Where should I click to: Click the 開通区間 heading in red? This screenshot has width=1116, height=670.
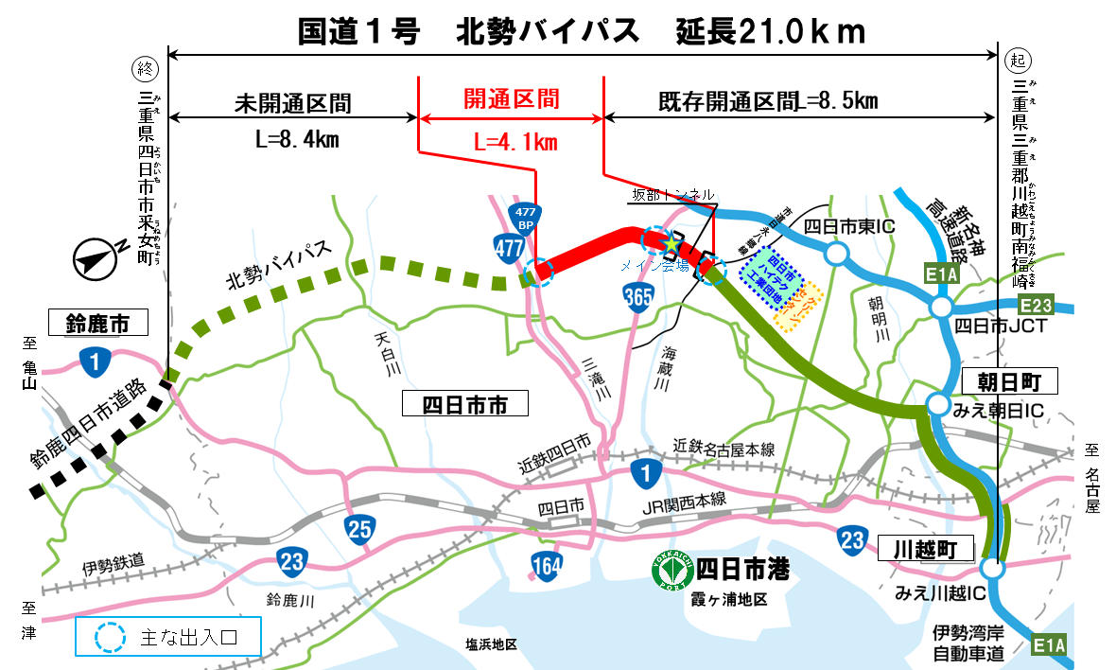coord(511,99)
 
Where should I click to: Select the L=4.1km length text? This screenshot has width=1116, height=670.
coord(515,142)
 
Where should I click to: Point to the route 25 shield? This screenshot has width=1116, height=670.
coord(359,530)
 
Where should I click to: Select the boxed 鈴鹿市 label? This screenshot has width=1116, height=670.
coord(98,324)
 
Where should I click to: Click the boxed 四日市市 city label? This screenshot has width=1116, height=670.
coord(464,405)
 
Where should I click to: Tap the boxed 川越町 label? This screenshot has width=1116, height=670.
coord(926,549)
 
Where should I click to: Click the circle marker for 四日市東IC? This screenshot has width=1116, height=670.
coord(835,254)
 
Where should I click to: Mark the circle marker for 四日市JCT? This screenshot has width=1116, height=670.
coord(940,308)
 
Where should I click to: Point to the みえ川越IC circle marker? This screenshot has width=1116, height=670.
coord(991,569)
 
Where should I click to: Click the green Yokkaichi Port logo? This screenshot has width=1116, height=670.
coord(672,570)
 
